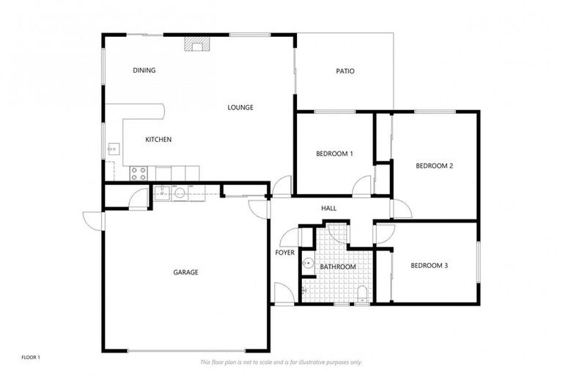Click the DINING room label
[x=144, y=70]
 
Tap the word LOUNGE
[x=240, y=107]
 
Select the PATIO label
[x=345, y=71]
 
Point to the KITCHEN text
[x=158, y=140]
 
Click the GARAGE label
[x=185, y=272]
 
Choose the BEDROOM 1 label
[x=334, y=153]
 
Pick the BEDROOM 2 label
[x=434, y=166]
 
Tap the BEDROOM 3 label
[x=429, y=265]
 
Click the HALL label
[x=329, y=209]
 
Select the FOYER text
[x=284, y=253]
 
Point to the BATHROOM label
[x=338, y=267]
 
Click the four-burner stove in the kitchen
[x=139, y=173]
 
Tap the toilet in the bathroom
[x=362, y=295]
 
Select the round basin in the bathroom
[x=309, y=264]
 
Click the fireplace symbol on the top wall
[x=196, y=45]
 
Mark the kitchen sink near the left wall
[x=113, y=149]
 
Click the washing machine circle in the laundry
[x=180, y=193]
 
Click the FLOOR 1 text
[x=31, y=358]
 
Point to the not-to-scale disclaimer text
[x=281, y=362]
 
